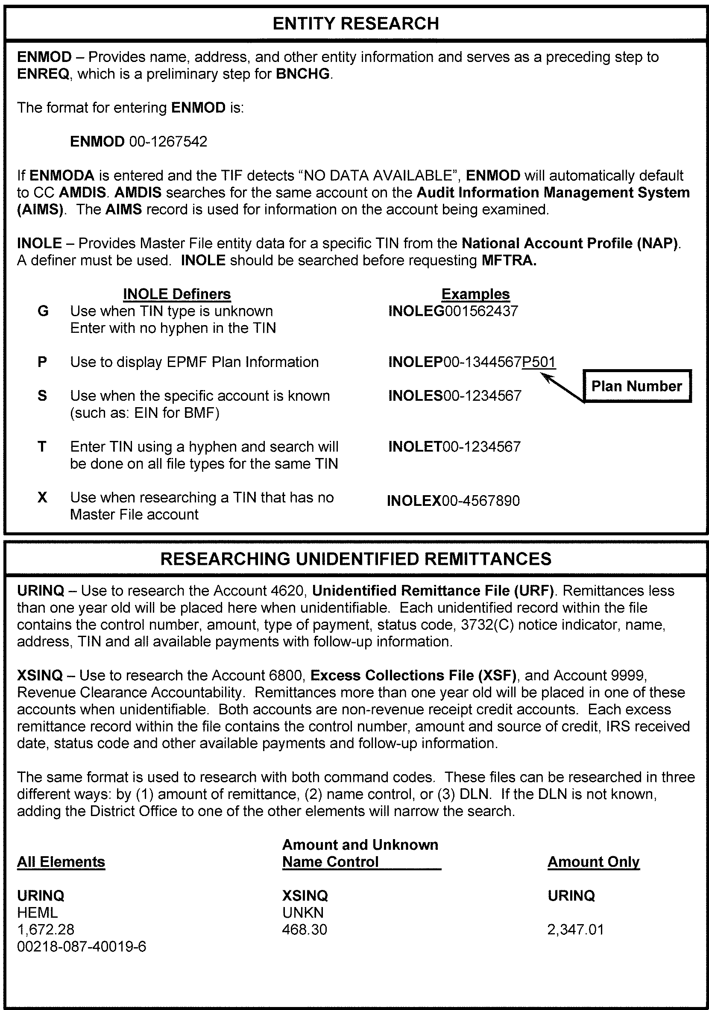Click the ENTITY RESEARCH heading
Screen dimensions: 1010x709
(355, 23)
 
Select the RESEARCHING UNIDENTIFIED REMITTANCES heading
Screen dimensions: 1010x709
(355, 559)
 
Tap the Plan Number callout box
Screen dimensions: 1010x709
(636, 386)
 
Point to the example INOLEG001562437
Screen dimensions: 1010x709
(453, 311)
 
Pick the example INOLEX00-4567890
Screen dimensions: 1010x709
(453, 501)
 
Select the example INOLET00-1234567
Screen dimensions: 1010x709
(454, 447)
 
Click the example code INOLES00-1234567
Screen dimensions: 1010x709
(455, 396)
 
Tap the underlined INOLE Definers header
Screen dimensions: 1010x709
(177, 294)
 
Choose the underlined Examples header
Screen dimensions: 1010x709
(475, 294)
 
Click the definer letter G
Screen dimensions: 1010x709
(43, 311)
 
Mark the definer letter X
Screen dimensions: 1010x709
(42, 497)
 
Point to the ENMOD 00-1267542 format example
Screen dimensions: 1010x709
(138, 142)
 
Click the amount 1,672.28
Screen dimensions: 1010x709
(46, 930)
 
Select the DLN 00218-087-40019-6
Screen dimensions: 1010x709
(82, 947)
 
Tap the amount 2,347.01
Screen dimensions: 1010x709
(576, 930)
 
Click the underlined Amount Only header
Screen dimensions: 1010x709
(593, 862)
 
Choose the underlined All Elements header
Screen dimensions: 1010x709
(61, 862)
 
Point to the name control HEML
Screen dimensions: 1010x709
(38, 913)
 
